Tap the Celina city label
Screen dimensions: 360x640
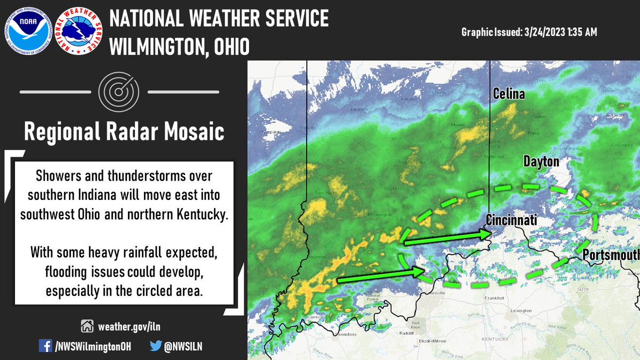pyautogui.click(x=508, y=94)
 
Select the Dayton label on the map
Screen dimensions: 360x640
pyautogui.click(x=541, y=162)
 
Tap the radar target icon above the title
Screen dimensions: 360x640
pyautogui.click(x=119, y=92)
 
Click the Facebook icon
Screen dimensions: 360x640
pyautogui.click(x=46, y=346)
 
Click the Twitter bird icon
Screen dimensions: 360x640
pyautogui.click(x=155, y=346)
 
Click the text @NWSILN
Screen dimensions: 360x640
pyautogui.click(x=183, y=346)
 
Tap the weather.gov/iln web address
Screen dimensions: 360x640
pyautogui.click(x=125, y=325)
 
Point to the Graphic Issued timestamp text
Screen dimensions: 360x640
pyautogui.click(x=529, y=33)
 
